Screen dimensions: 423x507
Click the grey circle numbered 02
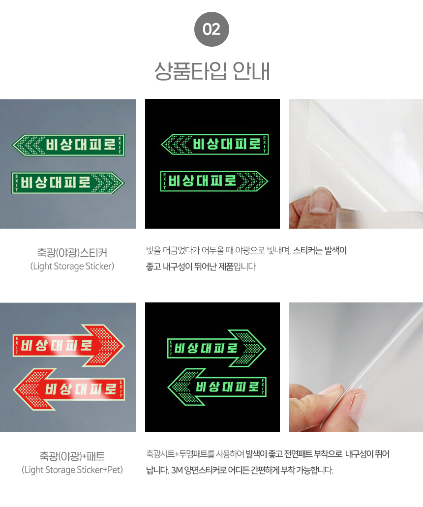pos(211,29)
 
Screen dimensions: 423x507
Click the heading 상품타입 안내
pos(212,71)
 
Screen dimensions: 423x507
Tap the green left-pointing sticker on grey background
pos(68,145)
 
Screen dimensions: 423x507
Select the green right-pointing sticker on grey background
pos(67,183)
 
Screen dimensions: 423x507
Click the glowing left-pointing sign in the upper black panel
pos(214,144)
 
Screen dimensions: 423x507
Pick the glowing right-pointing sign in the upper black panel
pos(214,181)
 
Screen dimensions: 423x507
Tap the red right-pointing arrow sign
pos(68,345)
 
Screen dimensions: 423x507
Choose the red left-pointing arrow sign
pos(68,389)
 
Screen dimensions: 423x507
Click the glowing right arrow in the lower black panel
pos(216,348)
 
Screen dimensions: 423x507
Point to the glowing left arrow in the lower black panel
pos(217,387)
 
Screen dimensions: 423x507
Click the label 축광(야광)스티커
pos(72,253)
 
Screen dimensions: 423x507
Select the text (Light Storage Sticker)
pos(72,267)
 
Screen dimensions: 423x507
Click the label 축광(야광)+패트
pos(72,456)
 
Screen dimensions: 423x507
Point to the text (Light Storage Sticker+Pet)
pos(72,470)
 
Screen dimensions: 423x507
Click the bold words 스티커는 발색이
pos(320,250)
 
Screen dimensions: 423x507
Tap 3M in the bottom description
pos(177,470)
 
